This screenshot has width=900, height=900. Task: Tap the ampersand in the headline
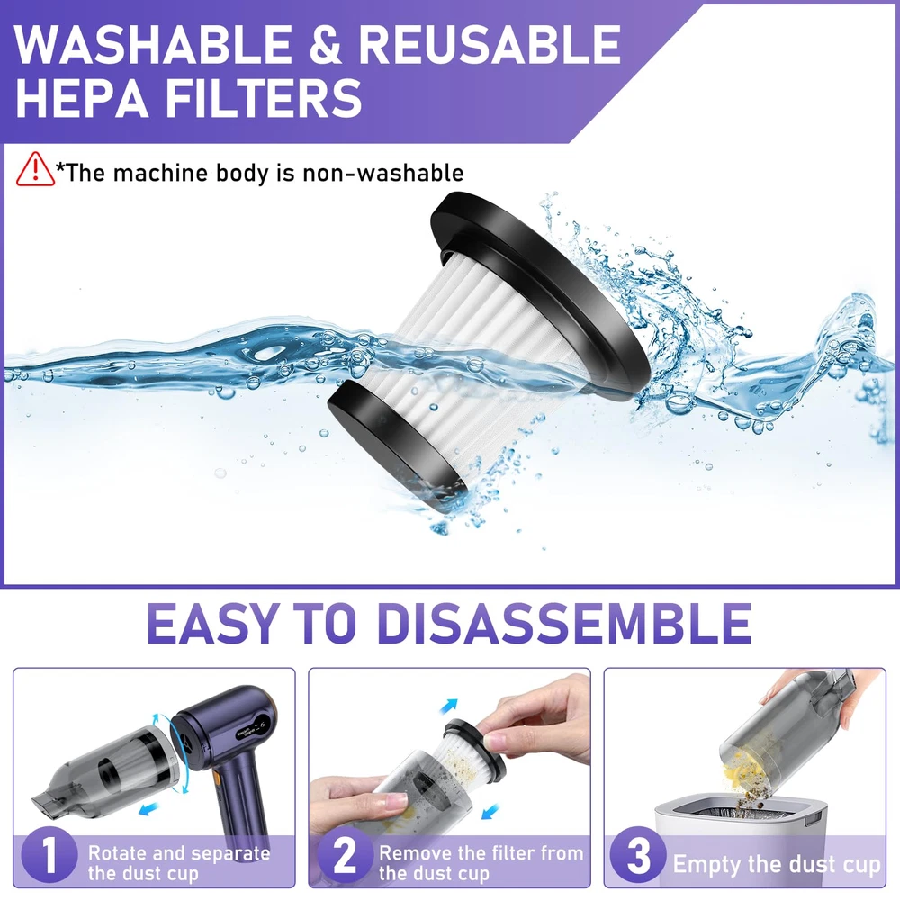coord(326,45)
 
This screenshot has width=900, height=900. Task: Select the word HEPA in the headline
coord(82,98)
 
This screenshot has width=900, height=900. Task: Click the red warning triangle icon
coord(35,169)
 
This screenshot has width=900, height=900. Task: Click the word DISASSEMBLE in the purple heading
coord(565,623)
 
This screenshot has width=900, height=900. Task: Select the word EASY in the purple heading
coord(213,623)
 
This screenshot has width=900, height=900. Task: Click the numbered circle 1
coord(49,856)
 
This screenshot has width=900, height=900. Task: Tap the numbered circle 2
coord(345,856)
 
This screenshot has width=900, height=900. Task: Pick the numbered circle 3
coord(638,856)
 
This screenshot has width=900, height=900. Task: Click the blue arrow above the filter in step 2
coord(449,705)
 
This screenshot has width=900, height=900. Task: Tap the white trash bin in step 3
coord(741,841)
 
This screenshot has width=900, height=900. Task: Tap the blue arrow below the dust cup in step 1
coord(149,809)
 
